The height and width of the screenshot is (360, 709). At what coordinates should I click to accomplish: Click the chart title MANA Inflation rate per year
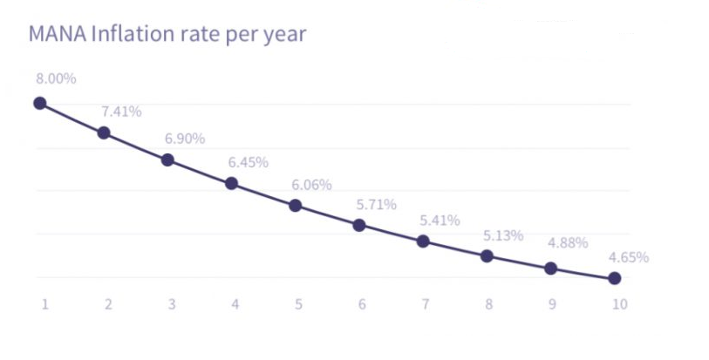[167, 36]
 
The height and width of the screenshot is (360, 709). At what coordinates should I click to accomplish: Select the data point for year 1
[39, 103]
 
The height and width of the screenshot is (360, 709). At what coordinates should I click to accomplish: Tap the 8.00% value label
[56, 78]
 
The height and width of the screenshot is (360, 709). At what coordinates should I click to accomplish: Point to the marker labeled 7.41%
[104, 132]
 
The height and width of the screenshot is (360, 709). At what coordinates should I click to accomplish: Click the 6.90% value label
[184, 139]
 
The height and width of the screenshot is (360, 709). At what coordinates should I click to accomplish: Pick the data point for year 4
[231, 183]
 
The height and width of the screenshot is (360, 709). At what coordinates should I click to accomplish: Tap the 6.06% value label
[311, 185]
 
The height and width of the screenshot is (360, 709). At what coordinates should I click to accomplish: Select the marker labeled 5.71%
[359, 225]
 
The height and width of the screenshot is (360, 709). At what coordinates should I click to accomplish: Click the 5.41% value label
[440, 221]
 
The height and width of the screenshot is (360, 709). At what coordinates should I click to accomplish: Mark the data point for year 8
[487, 255]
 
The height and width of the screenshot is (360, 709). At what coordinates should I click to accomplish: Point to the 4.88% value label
[567, 242]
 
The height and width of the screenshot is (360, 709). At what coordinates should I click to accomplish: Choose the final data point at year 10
[614, 278]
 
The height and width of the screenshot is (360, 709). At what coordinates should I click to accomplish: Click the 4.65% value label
[628, 257]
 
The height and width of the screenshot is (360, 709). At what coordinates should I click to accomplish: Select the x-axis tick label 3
[171, 304]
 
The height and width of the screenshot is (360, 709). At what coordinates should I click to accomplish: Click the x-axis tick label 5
[298, 304]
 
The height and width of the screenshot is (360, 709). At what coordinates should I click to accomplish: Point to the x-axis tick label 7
[426, 304]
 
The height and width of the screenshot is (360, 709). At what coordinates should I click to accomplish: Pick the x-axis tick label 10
[618, 304]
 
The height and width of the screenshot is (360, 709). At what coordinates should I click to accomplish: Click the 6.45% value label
[248, 162]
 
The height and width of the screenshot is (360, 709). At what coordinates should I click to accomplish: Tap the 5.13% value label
[502, 235]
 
